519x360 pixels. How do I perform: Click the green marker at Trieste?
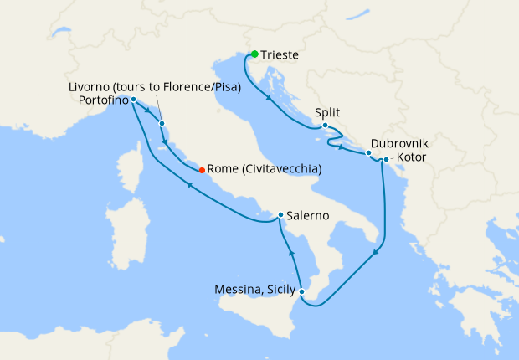[x=254, y=54]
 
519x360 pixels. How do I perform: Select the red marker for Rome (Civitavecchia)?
[x=202, y=170]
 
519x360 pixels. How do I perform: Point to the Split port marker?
[x=325, y=126]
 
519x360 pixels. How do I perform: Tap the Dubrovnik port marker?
[x=368, y=153]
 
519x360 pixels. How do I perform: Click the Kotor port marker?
[x=386, y=159]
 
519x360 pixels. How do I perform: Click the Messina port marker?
[x=302, y=291]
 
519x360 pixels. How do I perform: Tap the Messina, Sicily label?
[x=256, y=291]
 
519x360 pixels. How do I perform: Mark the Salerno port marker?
[x=280, y=215]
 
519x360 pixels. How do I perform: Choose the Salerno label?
[x=307, y=216]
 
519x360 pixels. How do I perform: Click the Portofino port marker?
[x=133, y=100]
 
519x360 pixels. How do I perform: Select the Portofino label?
[x=103, y=100]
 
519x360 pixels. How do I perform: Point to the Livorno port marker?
[x=162, y=124]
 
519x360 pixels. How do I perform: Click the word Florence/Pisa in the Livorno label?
[x=201, y=86]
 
